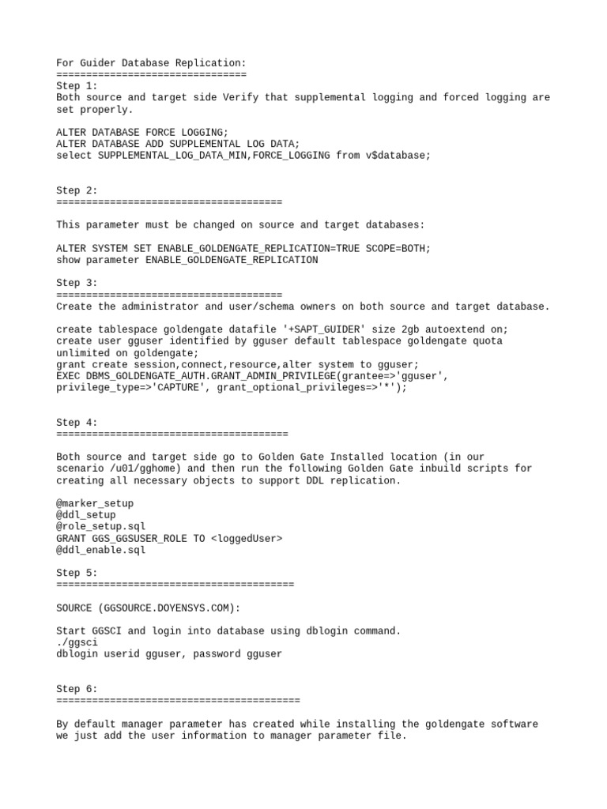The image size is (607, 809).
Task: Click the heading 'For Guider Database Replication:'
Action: [151, 63]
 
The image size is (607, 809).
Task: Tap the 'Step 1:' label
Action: [77, 86]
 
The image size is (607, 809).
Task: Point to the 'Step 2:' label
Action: [77, 190]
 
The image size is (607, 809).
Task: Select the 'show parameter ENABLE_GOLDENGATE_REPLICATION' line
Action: [187, 260]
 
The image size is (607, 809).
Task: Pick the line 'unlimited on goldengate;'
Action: [127, 352]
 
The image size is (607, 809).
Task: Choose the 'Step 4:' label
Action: [77, 422]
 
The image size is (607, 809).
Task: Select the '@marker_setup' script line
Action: [95, 503]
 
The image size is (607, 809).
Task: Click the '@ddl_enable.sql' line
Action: [100, 550]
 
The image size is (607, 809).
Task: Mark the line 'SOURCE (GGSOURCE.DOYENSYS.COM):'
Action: [148, 608]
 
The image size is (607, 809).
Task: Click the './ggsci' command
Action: [77, 642]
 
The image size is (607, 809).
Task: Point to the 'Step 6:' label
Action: [77, 689]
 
